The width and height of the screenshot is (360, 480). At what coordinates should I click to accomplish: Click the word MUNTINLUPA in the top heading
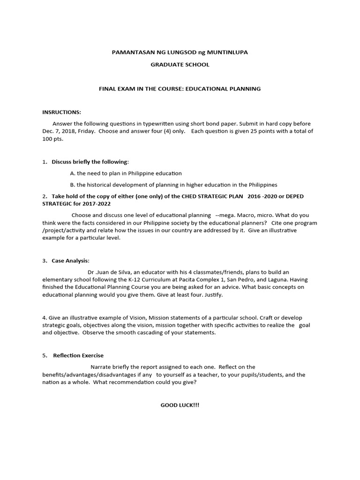point(227,52)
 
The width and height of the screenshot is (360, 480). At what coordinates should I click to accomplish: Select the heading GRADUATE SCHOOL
point(180,65)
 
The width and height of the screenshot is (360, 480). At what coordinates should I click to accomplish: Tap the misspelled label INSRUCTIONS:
point(62,112)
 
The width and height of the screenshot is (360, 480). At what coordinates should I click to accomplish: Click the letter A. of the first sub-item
point(73,173)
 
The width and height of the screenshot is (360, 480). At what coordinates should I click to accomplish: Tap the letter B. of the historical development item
point(73,185)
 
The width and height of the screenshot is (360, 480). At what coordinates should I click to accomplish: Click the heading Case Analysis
point(70,261)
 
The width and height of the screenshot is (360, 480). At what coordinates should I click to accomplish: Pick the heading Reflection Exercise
point(78,355)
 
